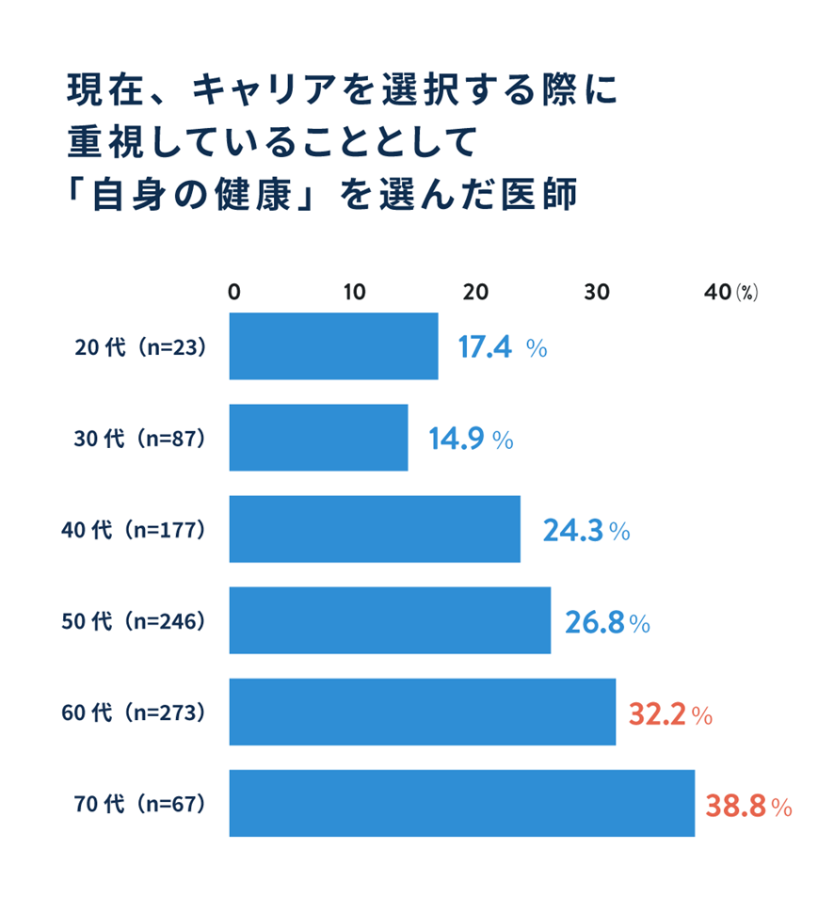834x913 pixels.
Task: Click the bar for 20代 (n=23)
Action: (x=333, y=346)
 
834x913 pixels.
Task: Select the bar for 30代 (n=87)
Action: (x=318, y=438)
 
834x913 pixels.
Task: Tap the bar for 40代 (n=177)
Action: (x=375, y=529)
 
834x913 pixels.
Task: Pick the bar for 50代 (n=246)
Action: (x=390, y=620)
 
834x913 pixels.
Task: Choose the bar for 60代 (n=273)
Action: (x=422, y=712)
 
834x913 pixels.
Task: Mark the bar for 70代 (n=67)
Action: (x=461, y=803)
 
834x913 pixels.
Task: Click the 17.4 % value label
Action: (x=502, y=348)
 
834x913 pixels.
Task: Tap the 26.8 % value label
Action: (x=607, y=622)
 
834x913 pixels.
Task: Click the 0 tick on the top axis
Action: (x=234, y=292)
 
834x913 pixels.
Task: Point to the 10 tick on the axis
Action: (x=355, y=292)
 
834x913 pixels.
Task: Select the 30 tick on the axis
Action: (x=597, y=292)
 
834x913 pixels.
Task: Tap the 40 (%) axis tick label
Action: (x=730, y=292)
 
